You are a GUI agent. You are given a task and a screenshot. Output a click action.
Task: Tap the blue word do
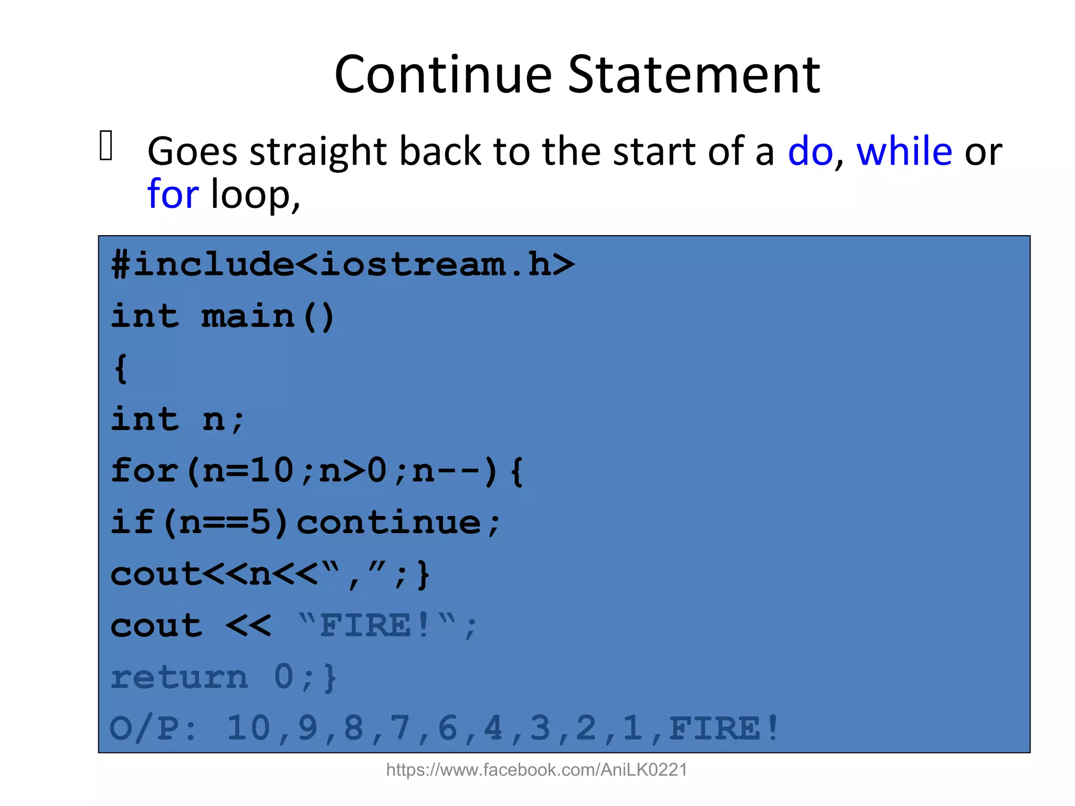[x=810, y=152]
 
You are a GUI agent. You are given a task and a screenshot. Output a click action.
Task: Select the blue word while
[x=904, y=151]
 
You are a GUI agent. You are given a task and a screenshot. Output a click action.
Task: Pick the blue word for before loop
[x=173, y=194]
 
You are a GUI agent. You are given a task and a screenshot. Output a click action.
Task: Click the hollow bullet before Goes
[x=106, y=145]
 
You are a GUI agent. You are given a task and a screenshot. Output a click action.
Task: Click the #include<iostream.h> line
[x=343, y=264]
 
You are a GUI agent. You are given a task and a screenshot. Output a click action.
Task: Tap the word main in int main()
[x=248, y=316]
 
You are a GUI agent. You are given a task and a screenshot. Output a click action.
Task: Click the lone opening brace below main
[x=121, y=368]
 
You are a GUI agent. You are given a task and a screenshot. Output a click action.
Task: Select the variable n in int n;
[x=214, y=420]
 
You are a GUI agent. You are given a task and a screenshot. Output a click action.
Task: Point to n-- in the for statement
[x=446, y=471]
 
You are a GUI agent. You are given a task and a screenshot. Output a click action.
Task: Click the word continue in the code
[x=388, y=523]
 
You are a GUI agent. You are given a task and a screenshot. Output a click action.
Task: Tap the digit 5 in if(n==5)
[x=260, y=523]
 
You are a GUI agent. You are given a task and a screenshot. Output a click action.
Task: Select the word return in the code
[x=179, y=677]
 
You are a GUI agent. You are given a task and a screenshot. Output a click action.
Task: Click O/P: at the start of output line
[x=153, y=729]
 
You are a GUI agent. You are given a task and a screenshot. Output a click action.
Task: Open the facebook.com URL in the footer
[x=536, y=770]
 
